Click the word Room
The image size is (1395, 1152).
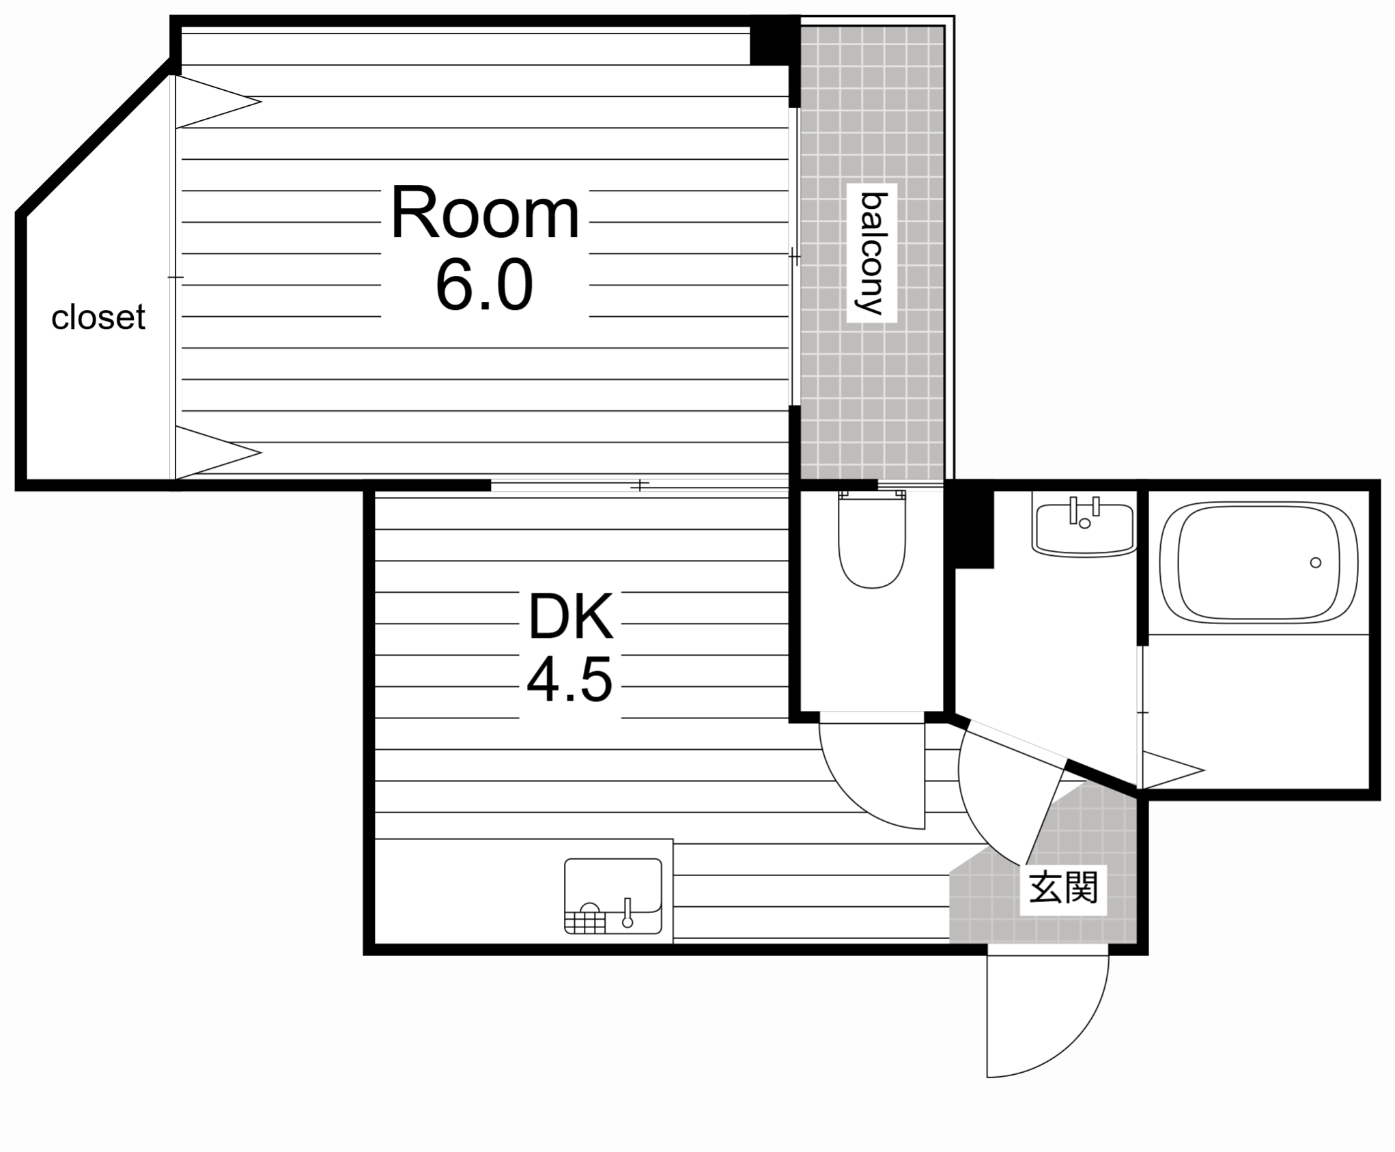[484, 213]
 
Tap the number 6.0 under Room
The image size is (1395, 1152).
[484, 285]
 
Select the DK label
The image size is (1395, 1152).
[571, 617]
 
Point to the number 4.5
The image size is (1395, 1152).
[569, 679]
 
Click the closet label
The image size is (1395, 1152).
[98, 318]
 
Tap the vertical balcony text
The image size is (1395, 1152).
[872, 253]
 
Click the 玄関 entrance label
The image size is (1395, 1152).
[1062, 887]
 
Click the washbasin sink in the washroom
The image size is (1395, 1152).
[1084, 528]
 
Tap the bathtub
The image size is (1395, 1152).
[1258, 562]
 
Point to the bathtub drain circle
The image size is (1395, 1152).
[1315, 563]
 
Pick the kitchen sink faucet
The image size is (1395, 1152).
[628, 914]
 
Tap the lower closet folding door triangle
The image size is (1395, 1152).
[212, 452]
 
